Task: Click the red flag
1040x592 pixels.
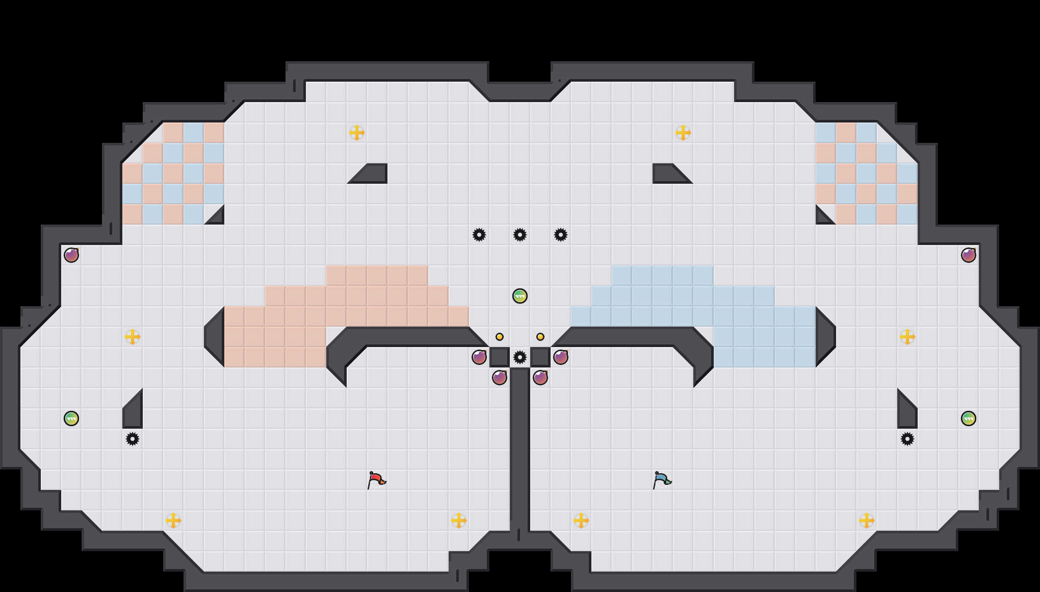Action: [376, 480]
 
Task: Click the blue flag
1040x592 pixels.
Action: [662, 480]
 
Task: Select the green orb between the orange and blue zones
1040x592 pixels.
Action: [520, 296]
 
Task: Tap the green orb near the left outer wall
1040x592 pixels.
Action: [71, 418]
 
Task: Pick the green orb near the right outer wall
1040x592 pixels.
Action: [969, 418]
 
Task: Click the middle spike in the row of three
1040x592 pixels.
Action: [520, 235]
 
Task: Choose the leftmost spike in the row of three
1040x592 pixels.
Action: [479, 235]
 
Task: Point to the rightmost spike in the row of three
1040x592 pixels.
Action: [561, 235]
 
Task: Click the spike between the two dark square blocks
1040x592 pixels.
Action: [520, 357]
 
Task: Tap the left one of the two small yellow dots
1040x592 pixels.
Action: [500, 337]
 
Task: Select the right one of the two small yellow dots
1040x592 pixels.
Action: [540, 337]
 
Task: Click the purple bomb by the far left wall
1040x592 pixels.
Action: [71, 255]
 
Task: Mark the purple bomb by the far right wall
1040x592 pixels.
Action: [969, 255]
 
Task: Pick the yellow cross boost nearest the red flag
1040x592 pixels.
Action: [459, 521]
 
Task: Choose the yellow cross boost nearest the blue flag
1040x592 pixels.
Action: [581, 521]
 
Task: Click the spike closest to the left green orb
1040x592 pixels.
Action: [133, 439]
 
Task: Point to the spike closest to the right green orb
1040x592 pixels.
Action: [907, 439]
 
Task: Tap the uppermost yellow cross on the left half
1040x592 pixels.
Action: [357, 133]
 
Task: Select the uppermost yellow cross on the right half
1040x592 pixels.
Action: [683, 133]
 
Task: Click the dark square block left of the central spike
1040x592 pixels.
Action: [500, 357]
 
